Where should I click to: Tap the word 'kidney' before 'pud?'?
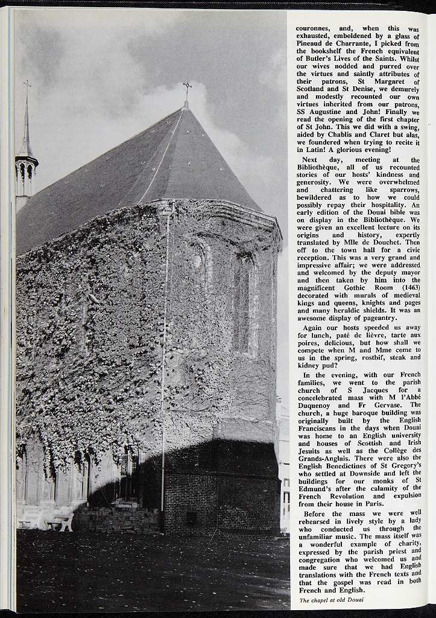pyautogui.click(x=309, y=366)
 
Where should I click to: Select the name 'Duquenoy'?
pyautogui.click(x=316, y=406)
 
